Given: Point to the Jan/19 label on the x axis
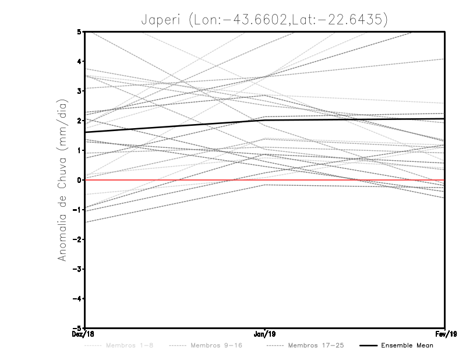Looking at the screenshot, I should (266, 333).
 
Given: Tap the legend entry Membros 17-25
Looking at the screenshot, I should (316, 345).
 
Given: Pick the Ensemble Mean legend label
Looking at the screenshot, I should (407, 345).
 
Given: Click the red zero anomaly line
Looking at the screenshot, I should (349, 180).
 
